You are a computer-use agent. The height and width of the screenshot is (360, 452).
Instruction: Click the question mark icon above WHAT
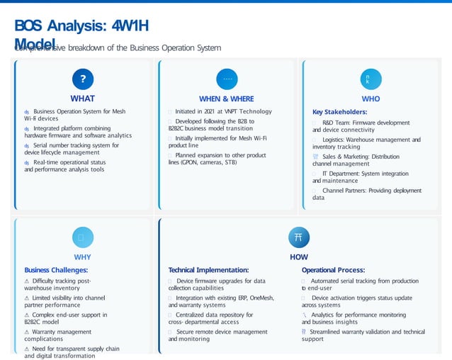(82, 79)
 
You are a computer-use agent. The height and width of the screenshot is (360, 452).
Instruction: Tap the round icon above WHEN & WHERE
(227, 79)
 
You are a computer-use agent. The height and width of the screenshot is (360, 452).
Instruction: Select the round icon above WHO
(371, 79)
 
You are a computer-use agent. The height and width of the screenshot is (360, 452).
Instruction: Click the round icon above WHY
(82, 237)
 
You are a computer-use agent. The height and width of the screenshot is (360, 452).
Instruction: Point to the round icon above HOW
(298, 237)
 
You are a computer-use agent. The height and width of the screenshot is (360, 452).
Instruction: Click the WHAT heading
(82, 99)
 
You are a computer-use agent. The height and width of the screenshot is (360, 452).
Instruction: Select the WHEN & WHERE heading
(227, 99)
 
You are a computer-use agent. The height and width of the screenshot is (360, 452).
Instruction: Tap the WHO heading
(371, 99)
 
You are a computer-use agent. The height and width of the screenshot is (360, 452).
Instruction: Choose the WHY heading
(82, 257)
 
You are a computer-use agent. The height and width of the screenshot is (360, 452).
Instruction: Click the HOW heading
(298, 257)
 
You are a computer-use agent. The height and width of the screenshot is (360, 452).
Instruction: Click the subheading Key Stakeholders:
(339, 112)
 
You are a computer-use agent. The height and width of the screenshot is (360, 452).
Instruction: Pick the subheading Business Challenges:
(56, 270)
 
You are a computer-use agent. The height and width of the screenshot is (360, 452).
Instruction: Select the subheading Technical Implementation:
(208, 270)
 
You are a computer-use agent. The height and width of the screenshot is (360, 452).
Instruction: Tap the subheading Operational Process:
(333, 270)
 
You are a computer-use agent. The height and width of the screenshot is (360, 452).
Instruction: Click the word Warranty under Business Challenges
(46, 332)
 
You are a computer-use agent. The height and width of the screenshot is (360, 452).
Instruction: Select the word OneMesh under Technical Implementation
(259, 298)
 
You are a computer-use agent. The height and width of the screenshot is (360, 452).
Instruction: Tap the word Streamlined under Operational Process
(329, 331)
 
